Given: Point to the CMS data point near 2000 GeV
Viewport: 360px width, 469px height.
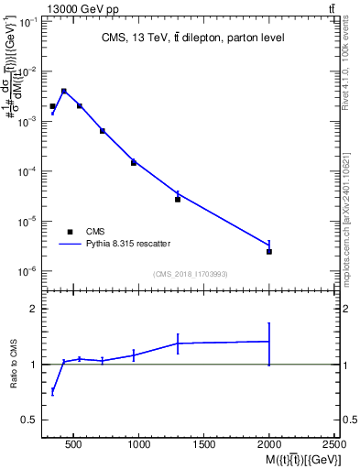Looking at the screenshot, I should (269, 251).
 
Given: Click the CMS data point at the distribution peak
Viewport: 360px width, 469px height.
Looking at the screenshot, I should (63, 92).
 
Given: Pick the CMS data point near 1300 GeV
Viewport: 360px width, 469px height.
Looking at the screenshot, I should (178, 199).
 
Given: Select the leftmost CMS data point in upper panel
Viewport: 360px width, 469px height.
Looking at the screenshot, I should (52, 106).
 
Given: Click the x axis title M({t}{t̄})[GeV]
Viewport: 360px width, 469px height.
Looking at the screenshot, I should (300, 459).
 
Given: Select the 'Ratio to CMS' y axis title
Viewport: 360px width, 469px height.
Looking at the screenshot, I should (15, 364).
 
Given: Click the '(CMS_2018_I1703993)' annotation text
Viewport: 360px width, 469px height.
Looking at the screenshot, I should (191, 273).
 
